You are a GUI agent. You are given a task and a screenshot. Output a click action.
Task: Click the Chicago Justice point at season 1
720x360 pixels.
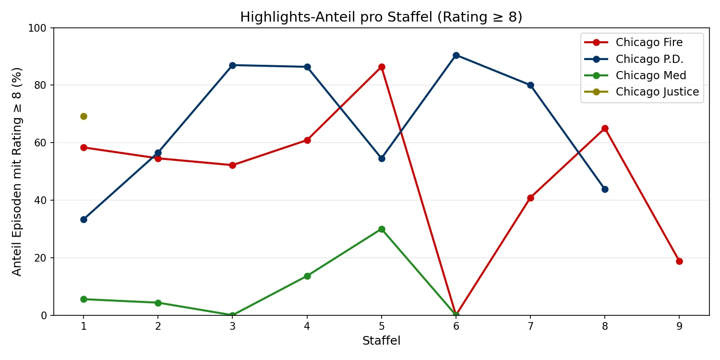[x=84, y=116]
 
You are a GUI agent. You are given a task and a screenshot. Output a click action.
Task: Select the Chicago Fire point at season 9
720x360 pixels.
[x=679, y=261]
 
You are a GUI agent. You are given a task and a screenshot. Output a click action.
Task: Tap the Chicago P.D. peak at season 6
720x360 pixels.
[x=456, y=55]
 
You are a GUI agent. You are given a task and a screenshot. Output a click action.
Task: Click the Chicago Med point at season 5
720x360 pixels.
[x=382, y=229]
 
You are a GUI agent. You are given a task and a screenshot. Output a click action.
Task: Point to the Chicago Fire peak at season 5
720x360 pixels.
[x=382, y=67]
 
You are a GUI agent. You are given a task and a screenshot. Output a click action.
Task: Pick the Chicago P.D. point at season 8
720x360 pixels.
[x=605, y=189]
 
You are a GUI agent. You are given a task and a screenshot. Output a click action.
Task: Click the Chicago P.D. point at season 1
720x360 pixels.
[x=84, y=219]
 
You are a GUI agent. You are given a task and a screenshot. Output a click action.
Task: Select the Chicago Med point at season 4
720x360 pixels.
[x=307, y=276]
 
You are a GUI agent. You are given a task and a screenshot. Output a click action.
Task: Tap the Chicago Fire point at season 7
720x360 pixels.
[x=530, y=198]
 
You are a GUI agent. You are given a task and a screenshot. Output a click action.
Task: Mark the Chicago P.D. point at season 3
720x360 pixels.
[x=232, y=65]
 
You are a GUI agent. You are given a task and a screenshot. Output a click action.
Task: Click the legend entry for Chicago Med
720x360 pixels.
[x=651, y=75]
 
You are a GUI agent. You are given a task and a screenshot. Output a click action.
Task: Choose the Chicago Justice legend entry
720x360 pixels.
[x=657, y=92]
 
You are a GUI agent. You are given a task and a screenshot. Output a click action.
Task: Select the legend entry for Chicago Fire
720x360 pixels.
[x=649, y=42]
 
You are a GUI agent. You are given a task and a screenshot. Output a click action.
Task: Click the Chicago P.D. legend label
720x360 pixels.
[x=649, y=59]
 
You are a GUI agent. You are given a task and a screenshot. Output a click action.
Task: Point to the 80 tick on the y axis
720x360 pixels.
[x=42, y=85]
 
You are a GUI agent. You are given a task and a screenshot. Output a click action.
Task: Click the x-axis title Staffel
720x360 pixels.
[x=381, y=341]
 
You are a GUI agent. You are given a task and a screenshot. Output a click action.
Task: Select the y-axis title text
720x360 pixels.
[x=17, y=171]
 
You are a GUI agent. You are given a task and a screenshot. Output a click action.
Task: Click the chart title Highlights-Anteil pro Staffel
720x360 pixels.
[x=381, y=17]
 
